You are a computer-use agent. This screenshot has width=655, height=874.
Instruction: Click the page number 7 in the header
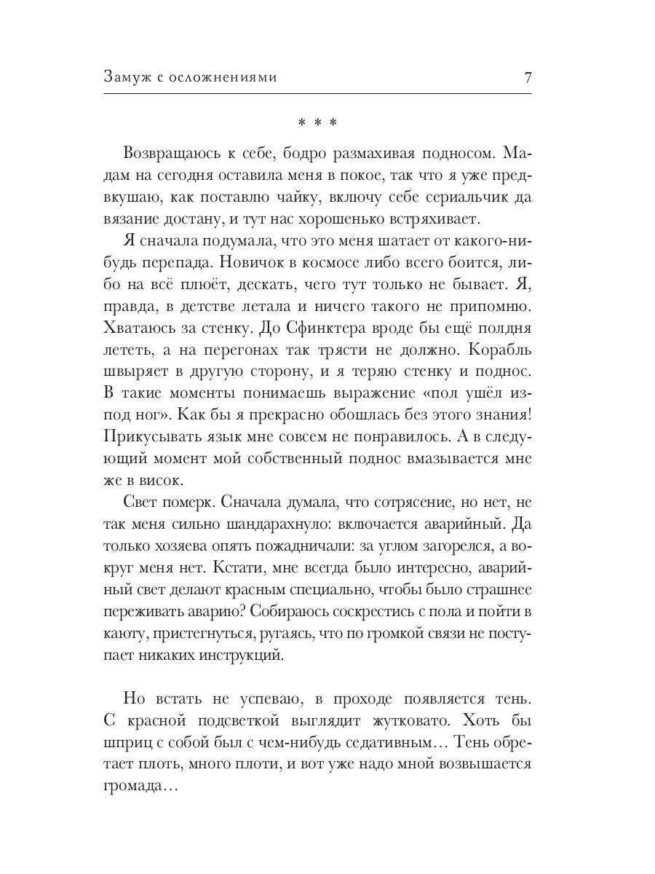point(528,77)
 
